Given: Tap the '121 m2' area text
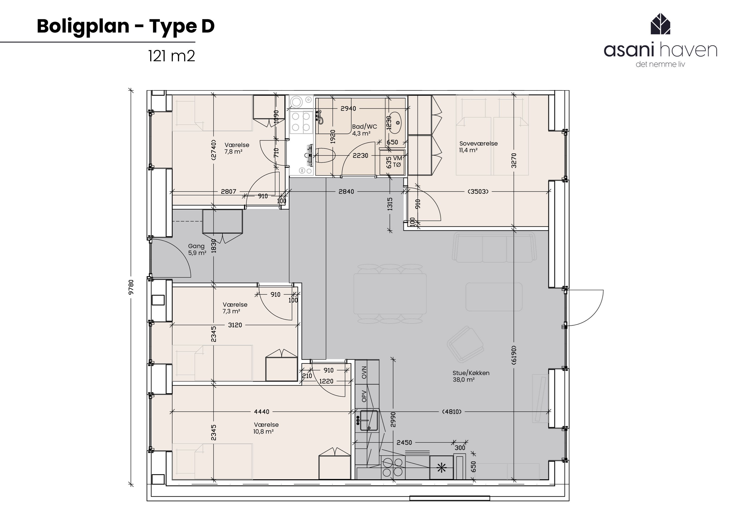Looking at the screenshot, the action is point(171,56).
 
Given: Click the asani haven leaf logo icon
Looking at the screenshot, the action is point(660,24).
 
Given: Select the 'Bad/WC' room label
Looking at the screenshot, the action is point(364,127).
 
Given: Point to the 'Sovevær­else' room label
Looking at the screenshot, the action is point(478,143).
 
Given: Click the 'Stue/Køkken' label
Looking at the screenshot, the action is point(471,373).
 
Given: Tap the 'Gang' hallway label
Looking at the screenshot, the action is point(196,246).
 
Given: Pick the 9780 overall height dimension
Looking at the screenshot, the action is point(131,287).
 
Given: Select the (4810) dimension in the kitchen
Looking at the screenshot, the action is point(452,411).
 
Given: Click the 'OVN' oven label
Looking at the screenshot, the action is point(364,372).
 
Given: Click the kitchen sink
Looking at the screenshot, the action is point(369,420).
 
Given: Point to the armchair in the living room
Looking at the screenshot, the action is point(465,344).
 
